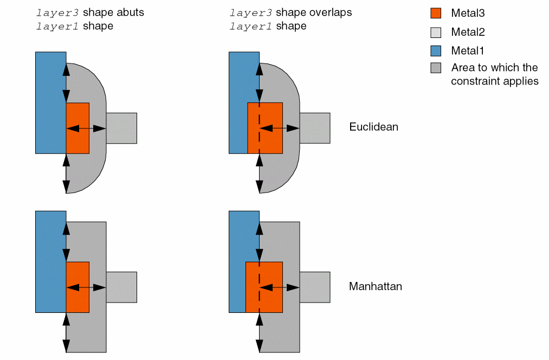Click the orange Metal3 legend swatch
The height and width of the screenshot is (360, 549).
tap(436, 13)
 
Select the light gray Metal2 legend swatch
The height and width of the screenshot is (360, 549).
tap(436, 32)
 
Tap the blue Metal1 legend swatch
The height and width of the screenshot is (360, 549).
tap(436, 50)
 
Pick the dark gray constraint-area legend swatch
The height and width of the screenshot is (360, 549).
tap(436, 68)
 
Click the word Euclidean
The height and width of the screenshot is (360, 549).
tap(373, 127)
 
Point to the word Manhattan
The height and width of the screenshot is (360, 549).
tap(376, 286)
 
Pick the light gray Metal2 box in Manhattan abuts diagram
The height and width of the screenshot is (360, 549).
tap(121, 287)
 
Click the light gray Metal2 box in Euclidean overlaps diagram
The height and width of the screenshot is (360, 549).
tap(315, 128)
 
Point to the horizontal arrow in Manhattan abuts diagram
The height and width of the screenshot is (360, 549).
tap(86, 287)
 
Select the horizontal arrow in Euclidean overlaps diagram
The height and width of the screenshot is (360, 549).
tap(280, 128)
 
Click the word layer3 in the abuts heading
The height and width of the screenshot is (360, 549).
tap(53, 12)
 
